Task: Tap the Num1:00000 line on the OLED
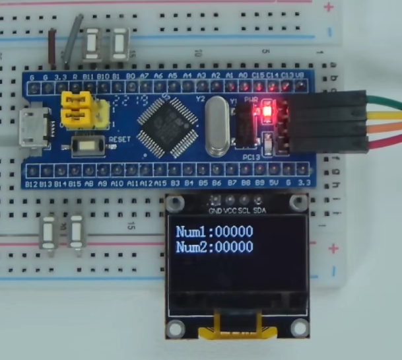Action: tap(215, 233)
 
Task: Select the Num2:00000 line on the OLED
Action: tap(215, 248)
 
